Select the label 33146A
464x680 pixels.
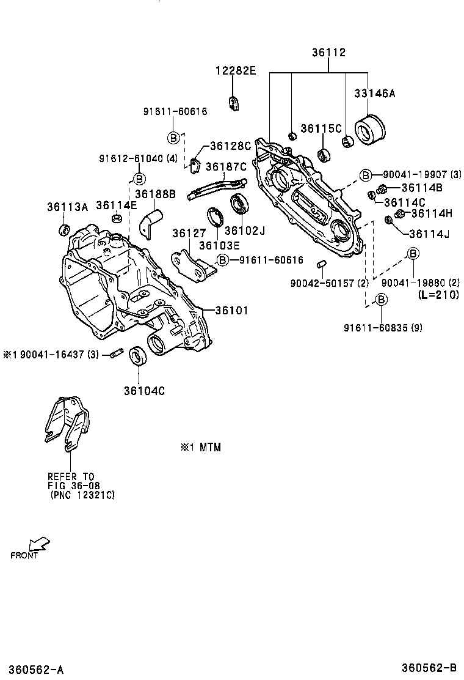[x=374, y=94]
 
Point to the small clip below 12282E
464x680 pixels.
[x=233, y=103]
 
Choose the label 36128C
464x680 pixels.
[x=230, y=146]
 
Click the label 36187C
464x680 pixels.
[x=225, y=166]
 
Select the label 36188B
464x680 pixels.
[x=155, y=194]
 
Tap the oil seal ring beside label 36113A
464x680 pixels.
[x=63, y=230]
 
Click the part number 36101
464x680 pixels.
[x=230, y=311]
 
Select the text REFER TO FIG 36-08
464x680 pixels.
[x=72, y=481]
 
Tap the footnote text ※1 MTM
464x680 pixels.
[x=200, y=448]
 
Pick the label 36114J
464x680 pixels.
[x=429, y=234]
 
